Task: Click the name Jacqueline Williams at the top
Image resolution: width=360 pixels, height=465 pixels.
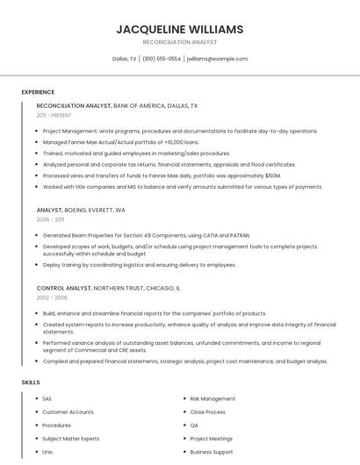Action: tap(180, 29)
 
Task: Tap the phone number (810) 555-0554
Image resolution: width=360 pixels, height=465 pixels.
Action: tap(162, 59)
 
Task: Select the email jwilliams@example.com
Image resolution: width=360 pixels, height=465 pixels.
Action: tap(217, 59)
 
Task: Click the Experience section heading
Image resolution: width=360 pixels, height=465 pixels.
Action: tap(38, 92)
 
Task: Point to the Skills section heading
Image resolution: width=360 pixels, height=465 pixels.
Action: tap(31, 383)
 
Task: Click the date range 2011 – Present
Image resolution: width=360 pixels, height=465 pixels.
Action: tap(54, 115)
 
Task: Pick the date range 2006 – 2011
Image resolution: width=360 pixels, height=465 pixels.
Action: tap(51, 220)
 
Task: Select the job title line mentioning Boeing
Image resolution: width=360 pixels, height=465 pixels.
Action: tap(81, 211)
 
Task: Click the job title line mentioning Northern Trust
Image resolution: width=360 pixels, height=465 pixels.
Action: tap(108, 288)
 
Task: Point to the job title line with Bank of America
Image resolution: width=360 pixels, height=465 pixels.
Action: tap(117, 105)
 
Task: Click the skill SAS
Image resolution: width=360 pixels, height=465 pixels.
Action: tap(47, 398)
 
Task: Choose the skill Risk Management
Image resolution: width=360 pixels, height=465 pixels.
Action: tap(212, 398)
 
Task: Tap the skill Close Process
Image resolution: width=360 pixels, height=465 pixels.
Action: tap(207, 411)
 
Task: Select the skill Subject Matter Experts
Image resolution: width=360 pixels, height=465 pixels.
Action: tap(72, 438)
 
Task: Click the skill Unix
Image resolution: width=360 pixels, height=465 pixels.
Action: tap(47, 451)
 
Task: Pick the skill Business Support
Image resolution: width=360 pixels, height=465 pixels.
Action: tap(211, 451)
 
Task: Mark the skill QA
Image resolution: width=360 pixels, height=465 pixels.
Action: tap(195, 425)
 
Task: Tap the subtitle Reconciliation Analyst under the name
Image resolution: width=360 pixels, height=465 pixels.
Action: tap(180, 42)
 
